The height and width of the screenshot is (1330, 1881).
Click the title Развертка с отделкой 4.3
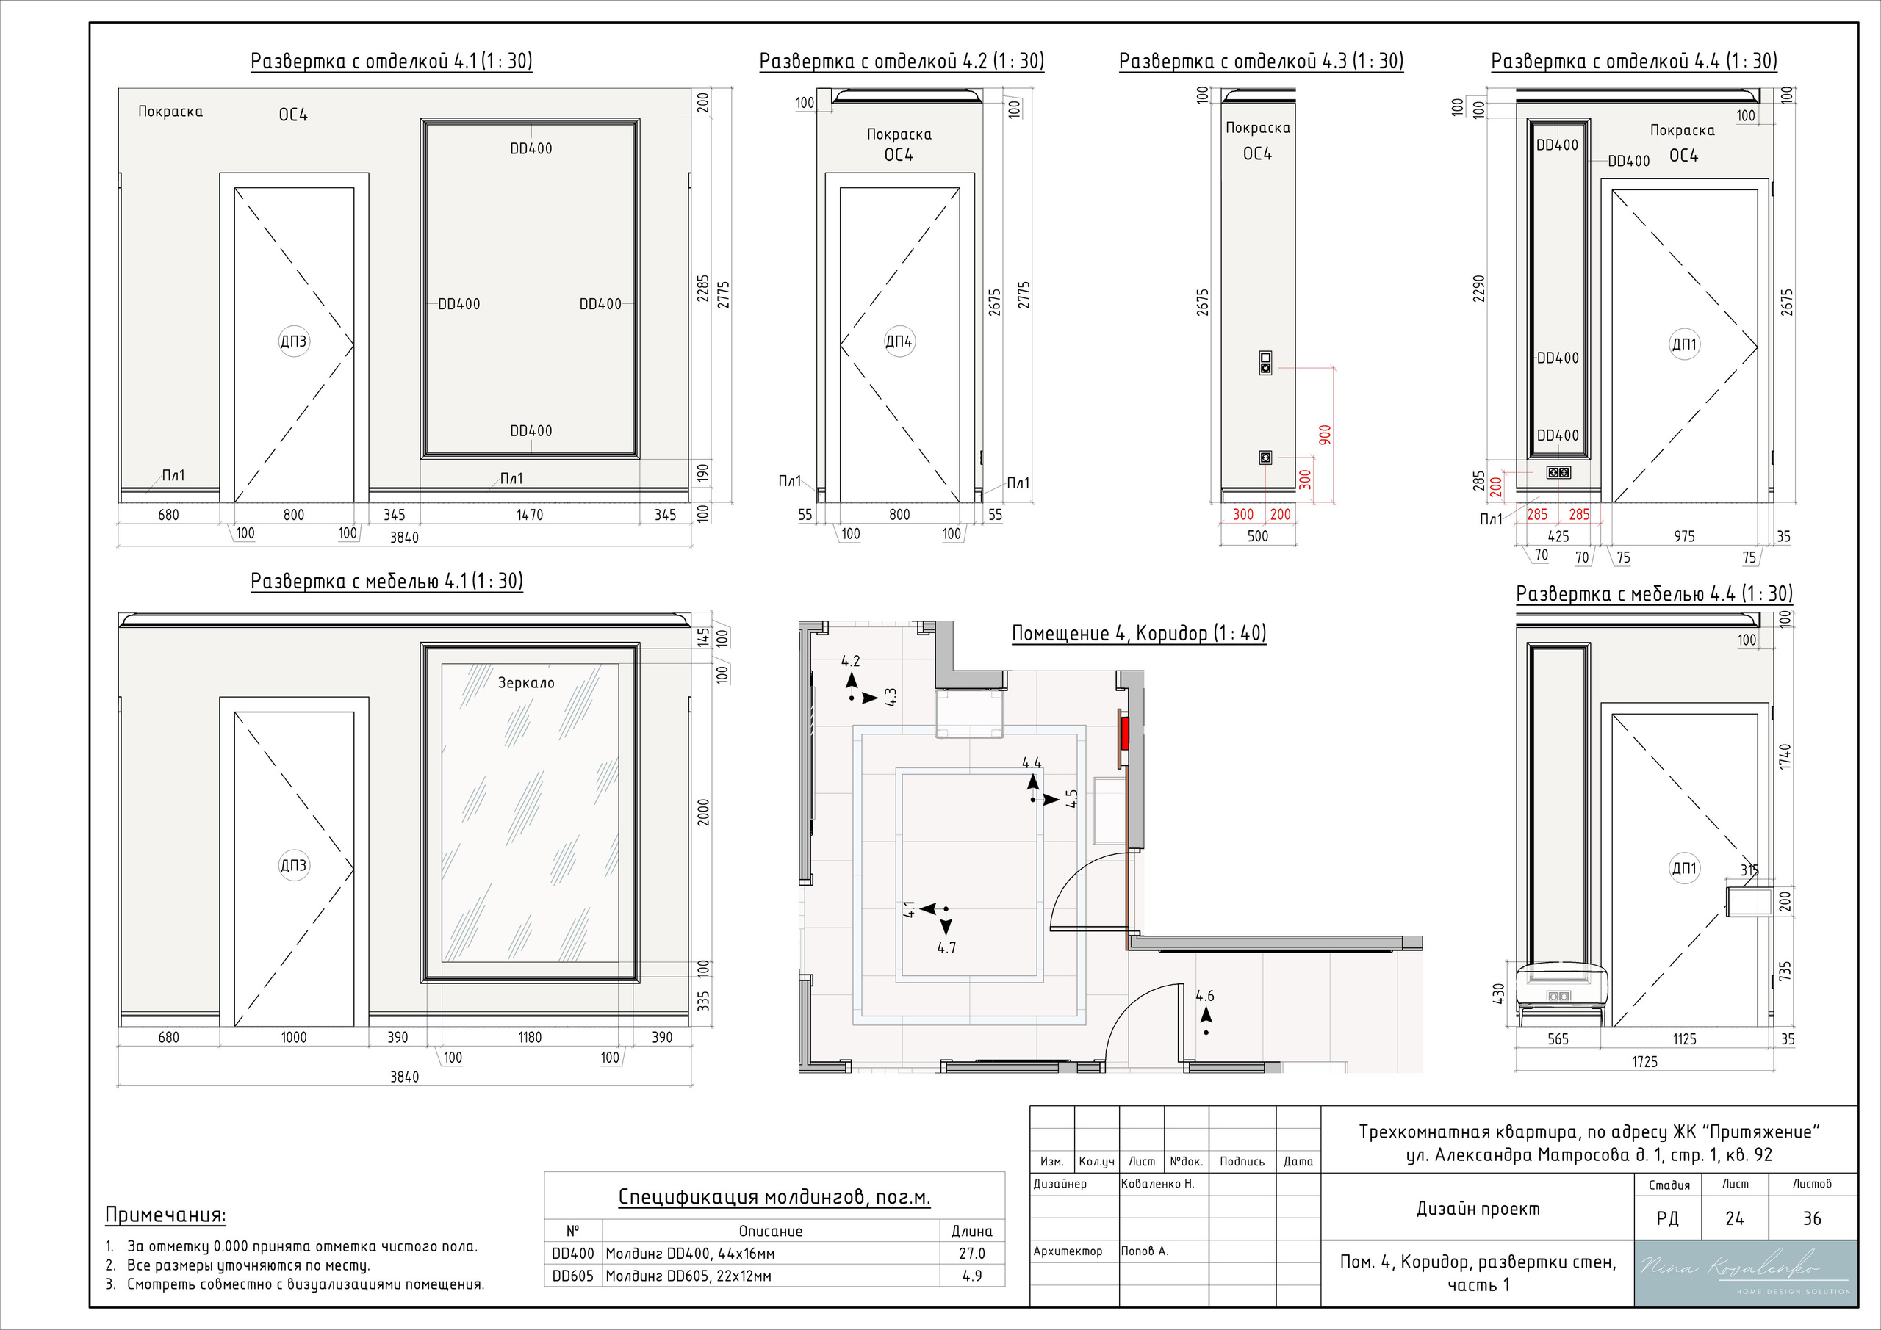coord(1261,62)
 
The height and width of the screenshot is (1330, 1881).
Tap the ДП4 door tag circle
coord(899,341)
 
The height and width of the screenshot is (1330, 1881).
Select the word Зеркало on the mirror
coord(526,682)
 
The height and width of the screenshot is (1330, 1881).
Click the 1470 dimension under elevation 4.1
coord(529,515)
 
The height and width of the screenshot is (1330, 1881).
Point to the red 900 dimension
coord(1325,435)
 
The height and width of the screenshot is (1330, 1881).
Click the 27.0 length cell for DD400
coord(971,1254)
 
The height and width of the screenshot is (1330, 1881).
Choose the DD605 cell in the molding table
coord(572,1276)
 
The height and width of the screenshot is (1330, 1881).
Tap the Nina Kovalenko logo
coord(1745,1273)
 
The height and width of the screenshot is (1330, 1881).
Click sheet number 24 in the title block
coord(1734,1218)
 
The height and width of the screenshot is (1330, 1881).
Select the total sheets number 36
coord(1812,1218)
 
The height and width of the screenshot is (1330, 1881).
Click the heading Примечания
coord(165,1215)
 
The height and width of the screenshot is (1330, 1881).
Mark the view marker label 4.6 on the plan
coord(1204,997)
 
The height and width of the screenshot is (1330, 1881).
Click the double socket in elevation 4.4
coord(1558,472)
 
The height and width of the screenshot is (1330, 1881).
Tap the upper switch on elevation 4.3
coord(1265,363)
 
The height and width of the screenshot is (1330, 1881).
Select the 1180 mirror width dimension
coord(529,1038)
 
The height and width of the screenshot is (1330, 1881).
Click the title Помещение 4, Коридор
coord(1139,633)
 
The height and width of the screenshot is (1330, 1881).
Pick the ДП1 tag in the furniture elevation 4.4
coord(1683,868)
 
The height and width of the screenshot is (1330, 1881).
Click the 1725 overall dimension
coord(1644,1062)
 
